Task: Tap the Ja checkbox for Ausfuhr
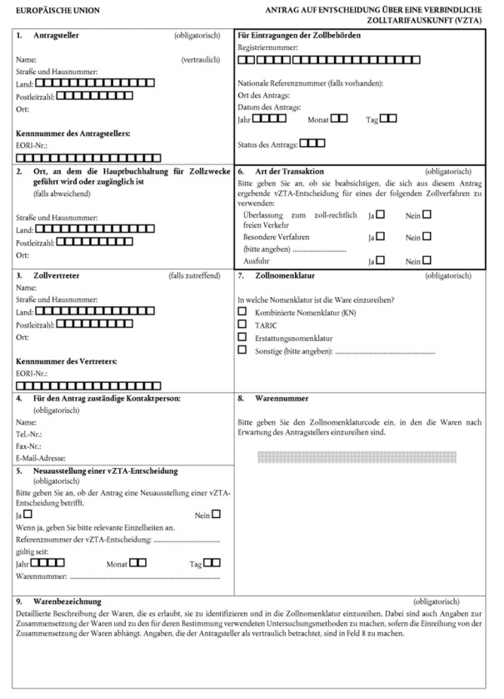pyautogui.click(x=381, y=259)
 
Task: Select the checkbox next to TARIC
pyautogui.click(x=243, y=324)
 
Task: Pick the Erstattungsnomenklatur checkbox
pyautogui.click(x=243, y=336)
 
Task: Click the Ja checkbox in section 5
pyautogui.click(x=27, y=514)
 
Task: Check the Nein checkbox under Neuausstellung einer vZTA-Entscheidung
pyautogui.click(x=217, y=514)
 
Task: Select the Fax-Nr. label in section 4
pyautogui.click(x=30, y=445)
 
